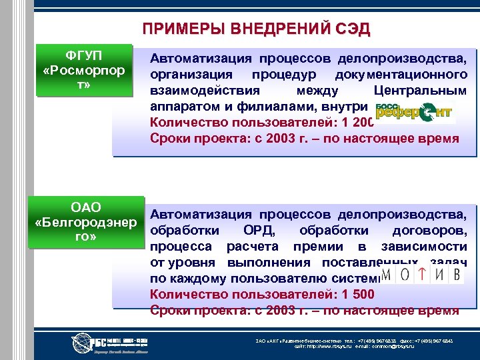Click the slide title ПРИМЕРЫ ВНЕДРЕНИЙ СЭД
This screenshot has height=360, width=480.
(x=256, y=29)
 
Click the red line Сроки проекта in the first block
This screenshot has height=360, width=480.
(x=305, y=139)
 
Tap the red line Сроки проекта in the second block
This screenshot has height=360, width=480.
(x=305, y=310)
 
